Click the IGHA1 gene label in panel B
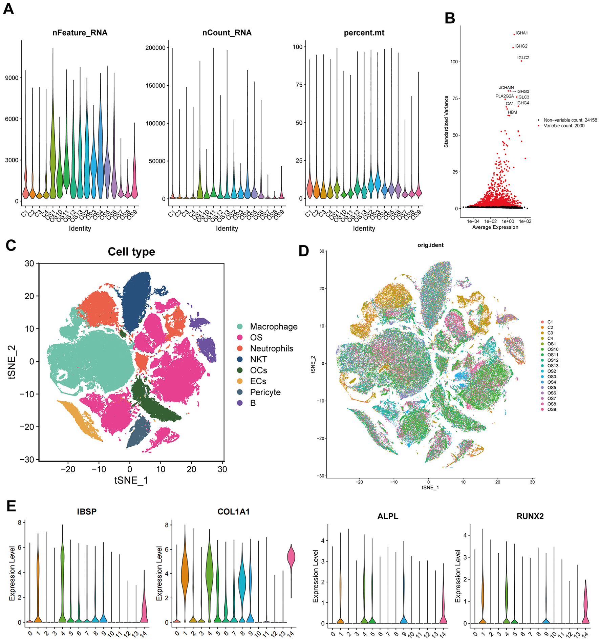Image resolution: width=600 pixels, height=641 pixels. pyautogui.click(x=521, y=33)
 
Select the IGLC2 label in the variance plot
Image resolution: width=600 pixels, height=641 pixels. pyautogui.click(x=523, y=58)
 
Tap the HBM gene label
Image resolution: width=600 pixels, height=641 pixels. pyautogui.click(x=512, y=112)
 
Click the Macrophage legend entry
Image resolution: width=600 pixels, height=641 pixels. pyautogui.click(x=273, y=327)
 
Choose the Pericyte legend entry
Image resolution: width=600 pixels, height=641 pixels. pyautogui.click(x=265, y=392)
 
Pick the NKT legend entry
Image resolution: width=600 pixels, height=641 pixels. pyautogui.click(x=258, y=359)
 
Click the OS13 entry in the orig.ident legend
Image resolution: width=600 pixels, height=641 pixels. pyautogui.click(x=553, y=366)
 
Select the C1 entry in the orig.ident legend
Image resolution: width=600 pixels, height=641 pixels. pyautogui.click(x=550, y=322)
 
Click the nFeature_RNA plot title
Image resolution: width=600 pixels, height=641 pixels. pyautogui.click(x=80, y=33)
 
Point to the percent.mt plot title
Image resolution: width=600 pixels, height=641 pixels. pyautogui.click(x=364, y=33)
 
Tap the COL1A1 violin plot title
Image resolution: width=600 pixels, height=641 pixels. pyautogui.click(x=233, y=512)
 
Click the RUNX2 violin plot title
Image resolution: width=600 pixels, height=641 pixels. pyautogui.click(x=530, y=516)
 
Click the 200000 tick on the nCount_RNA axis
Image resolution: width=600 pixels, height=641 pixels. pyautogui.click(x=155, y=48)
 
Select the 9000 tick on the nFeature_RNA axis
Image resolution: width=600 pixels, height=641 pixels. pyautogui.click(x=12, y=78)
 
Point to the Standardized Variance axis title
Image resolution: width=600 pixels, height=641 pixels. pyautogui.click(x=446, y=122)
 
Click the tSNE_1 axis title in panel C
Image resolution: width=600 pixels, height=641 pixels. pyautogui.click(x=131, y=480)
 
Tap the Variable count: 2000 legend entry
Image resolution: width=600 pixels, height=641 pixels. pyautogui.click(x=564, y=126)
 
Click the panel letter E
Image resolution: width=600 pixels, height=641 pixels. pyautogui.click(x=11, y=506)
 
